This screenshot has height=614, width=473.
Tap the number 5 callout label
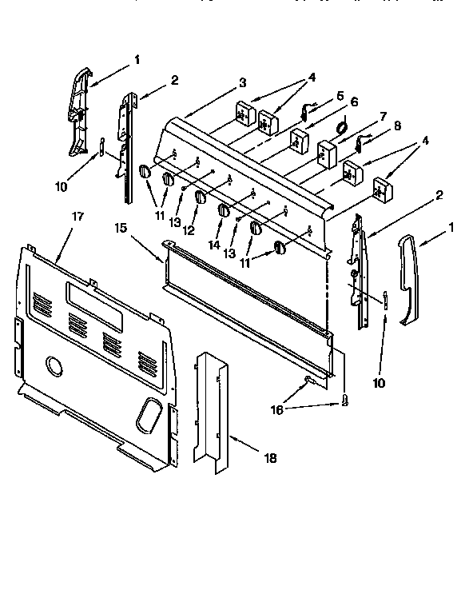[340, 95]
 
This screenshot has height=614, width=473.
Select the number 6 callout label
[354, 102]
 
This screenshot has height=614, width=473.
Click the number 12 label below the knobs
[189, 230]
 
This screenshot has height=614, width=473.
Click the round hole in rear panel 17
[54, 366]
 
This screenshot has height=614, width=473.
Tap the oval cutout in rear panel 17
[148, 413]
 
